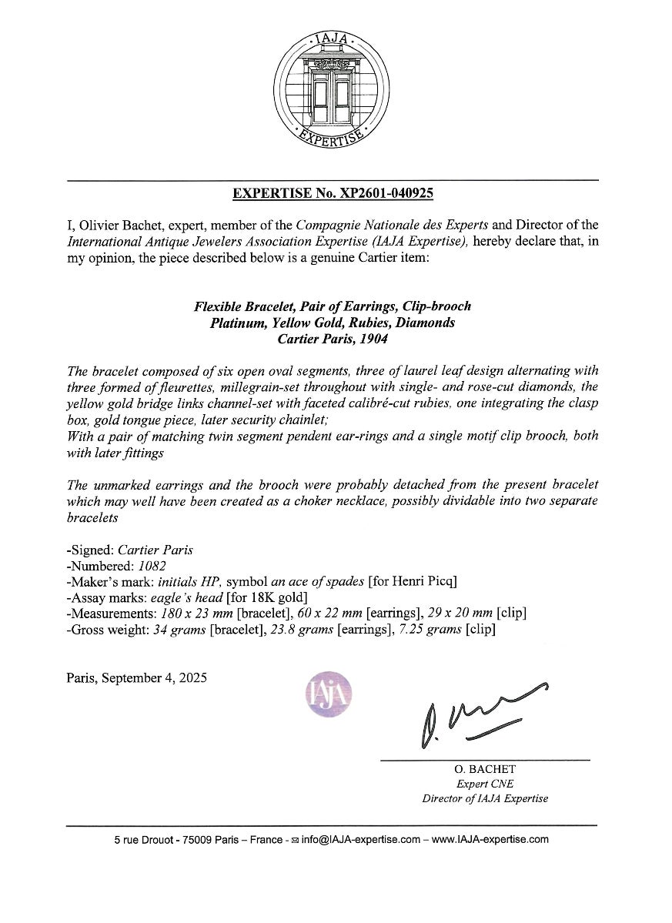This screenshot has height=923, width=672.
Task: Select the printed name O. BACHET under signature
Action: click(x=485, y=769)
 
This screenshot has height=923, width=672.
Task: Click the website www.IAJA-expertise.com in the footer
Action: click(x=490, y=840)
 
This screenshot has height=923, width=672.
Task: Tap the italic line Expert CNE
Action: click(x=485, y=784)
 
